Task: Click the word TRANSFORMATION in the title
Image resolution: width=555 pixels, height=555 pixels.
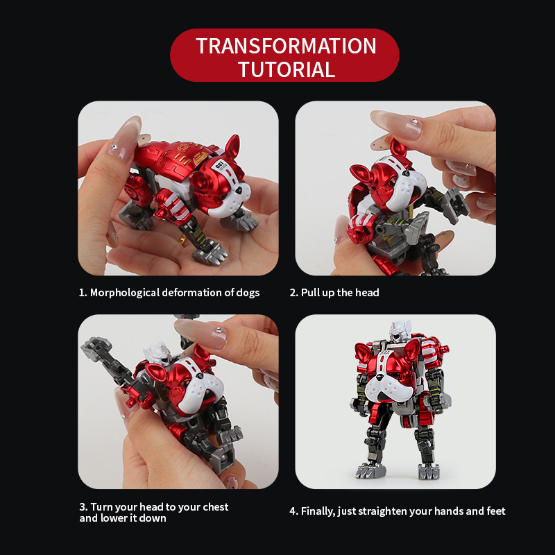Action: [x=286, y=46]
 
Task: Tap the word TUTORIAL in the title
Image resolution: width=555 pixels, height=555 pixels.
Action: [x=286, y=69]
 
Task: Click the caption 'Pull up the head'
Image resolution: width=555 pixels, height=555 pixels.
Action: [x=340, y=293]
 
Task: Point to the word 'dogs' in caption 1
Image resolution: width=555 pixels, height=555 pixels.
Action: [x=247, y=293]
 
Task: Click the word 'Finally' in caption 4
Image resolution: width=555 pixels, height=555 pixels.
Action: [x=316, y=511]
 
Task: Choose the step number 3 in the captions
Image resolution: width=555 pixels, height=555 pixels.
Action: [x=82, y=506]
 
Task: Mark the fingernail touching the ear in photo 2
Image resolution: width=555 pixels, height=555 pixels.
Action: [x=388, y=123]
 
